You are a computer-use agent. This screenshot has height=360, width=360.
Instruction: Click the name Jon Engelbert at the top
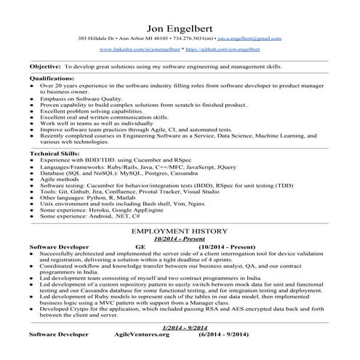(x=180, y=21)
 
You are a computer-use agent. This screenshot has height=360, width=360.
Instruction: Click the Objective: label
(x=45, y=65)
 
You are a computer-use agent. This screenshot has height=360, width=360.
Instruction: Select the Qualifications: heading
(x=52, y=78)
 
